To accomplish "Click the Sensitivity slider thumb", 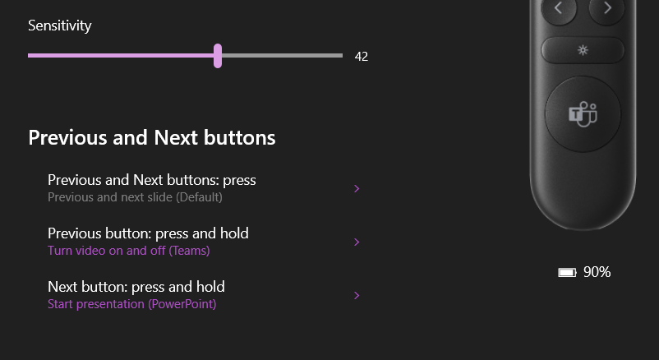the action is (218, 56).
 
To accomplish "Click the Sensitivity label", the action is (60, 25).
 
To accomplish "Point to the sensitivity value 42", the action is (362, 57).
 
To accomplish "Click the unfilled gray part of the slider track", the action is (282, 56).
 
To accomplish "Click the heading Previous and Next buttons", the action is (152, 137).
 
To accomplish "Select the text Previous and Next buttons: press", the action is (152, 180).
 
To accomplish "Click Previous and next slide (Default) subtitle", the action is (135, 196).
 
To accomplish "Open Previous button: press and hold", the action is (148, 233).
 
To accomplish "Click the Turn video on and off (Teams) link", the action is (129, 250).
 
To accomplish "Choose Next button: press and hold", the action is (136, 286).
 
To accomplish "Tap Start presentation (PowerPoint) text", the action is (132, 303).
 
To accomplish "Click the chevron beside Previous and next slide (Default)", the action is (357, 188).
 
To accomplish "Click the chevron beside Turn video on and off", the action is (357, 242).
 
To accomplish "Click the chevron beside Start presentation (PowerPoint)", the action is (357, 295).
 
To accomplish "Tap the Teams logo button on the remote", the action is (583, 114).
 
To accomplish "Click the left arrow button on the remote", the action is (559, 8).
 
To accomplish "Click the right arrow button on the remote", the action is (607, 8).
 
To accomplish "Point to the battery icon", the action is (567, 273).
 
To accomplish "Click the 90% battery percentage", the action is (597, 272).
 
